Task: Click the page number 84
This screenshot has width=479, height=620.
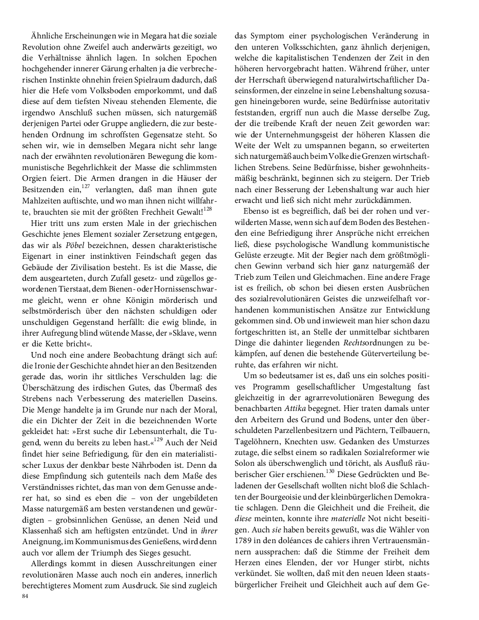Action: [x=25, y=596]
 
